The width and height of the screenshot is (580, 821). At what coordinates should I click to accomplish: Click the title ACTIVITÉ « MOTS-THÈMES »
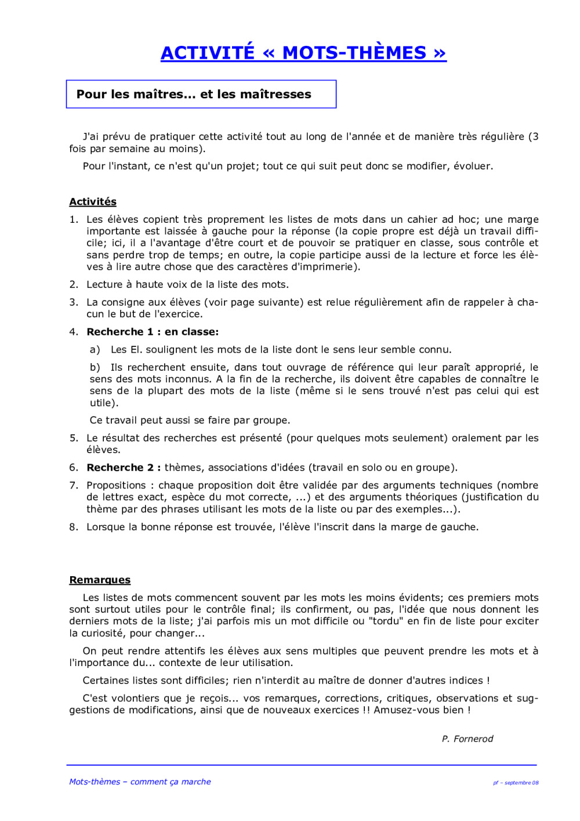click(x=303, y=53)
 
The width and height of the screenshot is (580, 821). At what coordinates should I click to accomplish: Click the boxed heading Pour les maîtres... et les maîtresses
click(x=194, y=94)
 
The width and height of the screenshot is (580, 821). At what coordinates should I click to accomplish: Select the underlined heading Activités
click(x=93, y=201)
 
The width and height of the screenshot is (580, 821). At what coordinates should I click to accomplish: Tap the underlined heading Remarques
click(x=100, y=580)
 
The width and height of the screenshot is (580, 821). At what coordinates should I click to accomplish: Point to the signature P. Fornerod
click(x=467, y=739)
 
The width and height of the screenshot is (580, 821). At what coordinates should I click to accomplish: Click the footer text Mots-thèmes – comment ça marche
click(x=140, y=782)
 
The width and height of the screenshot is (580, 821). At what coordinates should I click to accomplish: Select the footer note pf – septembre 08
click(x=516, y=783)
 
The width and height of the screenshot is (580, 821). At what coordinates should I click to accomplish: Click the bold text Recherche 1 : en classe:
click(x=153, y=332)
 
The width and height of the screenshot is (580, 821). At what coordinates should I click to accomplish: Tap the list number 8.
click(x=73, y=527)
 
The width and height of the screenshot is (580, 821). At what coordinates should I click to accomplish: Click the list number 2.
click(x=73, y=284)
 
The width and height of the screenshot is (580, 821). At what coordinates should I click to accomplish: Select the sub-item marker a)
click(x=95, y=349)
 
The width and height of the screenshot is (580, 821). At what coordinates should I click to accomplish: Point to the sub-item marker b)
click(x=95, y=367)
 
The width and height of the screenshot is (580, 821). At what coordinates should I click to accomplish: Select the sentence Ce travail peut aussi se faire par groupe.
click(x=190, y=420)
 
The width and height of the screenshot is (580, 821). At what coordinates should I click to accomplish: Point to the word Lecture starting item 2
click(x=104, y=284)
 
